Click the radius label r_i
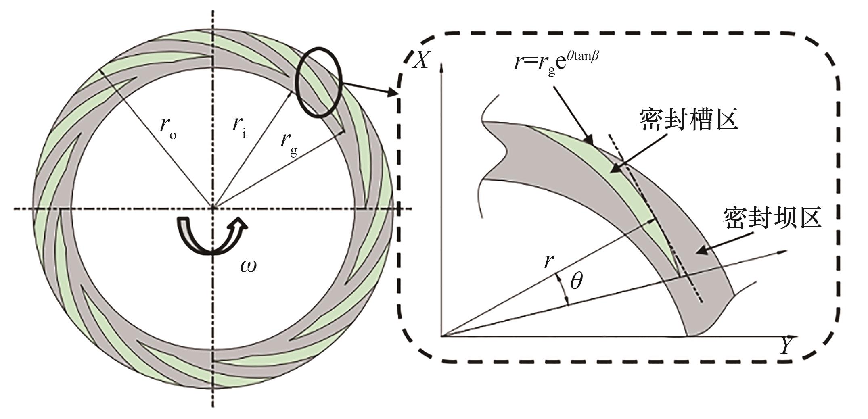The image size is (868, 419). (x=239, y=127)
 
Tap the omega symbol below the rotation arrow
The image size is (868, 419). (x=248, y=266)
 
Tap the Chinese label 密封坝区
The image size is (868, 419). (x=773, y=218)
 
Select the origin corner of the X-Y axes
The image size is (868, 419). (x=442, y=335)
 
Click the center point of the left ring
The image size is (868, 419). (x=213, y=208)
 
